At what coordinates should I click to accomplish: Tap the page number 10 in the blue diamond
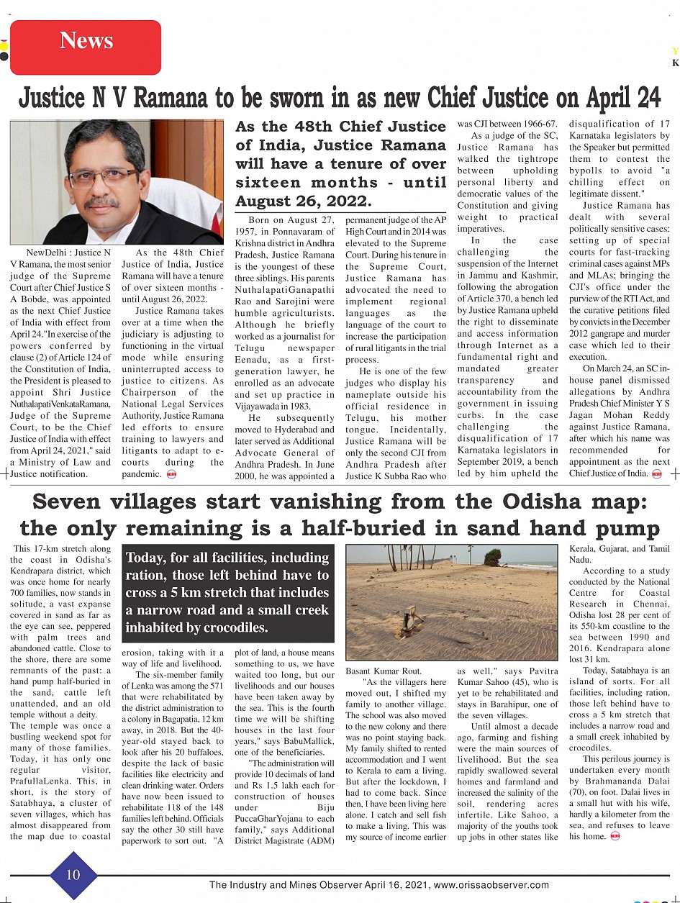(x=73, y=874)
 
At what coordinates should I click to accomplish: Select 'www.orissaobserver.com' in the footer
(x=491, y=885)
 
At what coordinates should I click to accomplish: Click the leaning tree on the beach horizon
(x=494, y=556)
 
